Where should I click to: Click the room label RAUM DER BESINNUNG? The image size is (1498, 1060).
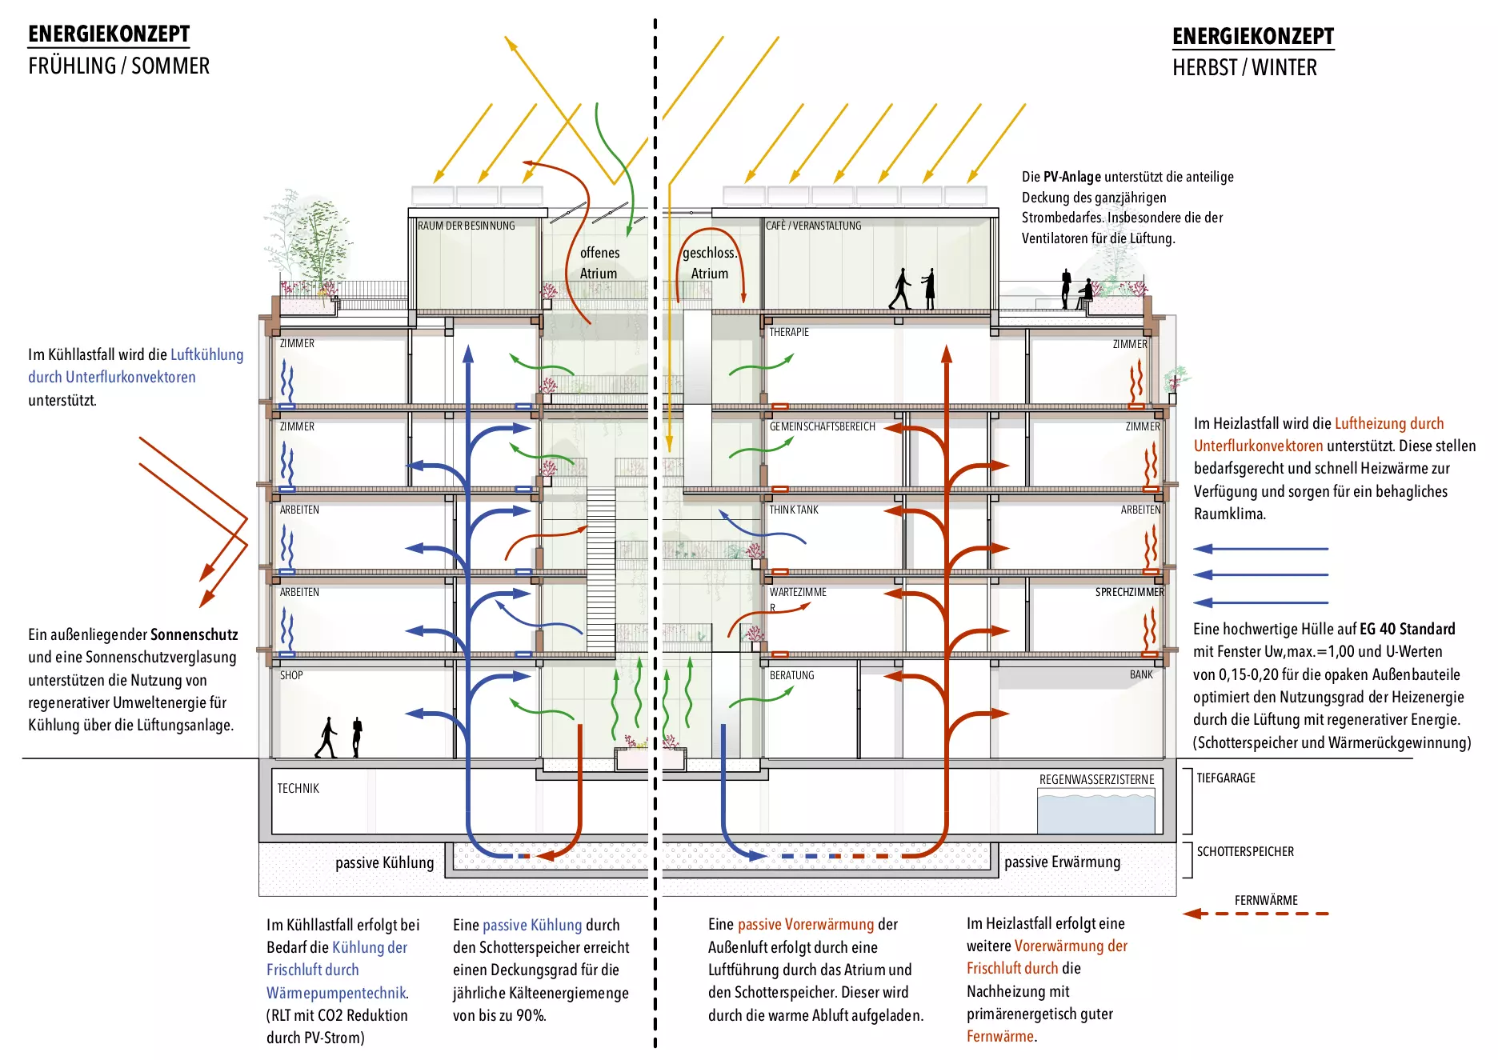[x=466, y=226]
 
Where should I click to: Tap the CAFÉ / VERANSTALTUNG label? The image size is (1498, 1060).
[x=813, y=226]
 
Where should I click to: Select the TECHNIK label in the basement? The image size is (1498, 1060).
[x=298, y=788]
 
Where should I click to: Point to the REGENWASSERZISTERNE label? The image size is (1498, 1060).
[x=1096, y=779]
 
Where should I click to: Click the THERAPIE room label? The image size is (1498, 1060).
[x=788, y=332]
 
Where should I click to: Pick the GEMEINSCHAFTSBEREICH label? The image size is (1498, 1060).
[x=822, y=426]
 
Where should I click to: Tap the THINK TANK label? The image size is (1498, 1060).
[x=793, y=510]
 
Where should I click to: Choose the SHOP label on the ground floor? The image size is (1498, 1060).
[x=291, y=675]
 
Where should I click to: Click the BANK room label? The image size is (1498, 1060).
[x=1141, y=674]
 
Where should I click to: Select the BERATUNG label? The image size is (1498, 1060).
[x=791, y=675]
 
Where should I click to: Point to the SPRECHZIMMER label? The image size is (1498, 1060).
[x=1129, y=592]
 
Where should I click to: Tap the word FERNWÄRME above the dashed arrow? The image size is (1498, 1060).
[x=1265, y=900]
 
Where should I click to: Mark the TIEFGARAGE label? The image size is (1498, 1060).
[x=1225, y=778]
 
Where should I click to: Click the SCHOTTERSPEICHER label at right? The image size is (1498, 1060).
[x=1244, y=851]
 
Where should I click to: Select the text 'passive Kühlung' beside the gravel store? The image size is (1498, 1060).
[x=384, y=862]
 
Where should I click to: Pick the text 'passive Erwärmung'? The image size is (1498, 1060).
[x=1062, y=862]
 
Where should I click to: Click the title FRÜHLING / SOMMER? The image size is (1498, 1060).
[x=118, y=66]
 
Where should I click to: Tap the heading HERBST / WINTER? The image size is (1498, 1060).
[x=1244, y=67]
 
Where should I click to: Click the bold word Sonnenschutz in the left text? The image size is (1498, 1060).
[x=194, y=634]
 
